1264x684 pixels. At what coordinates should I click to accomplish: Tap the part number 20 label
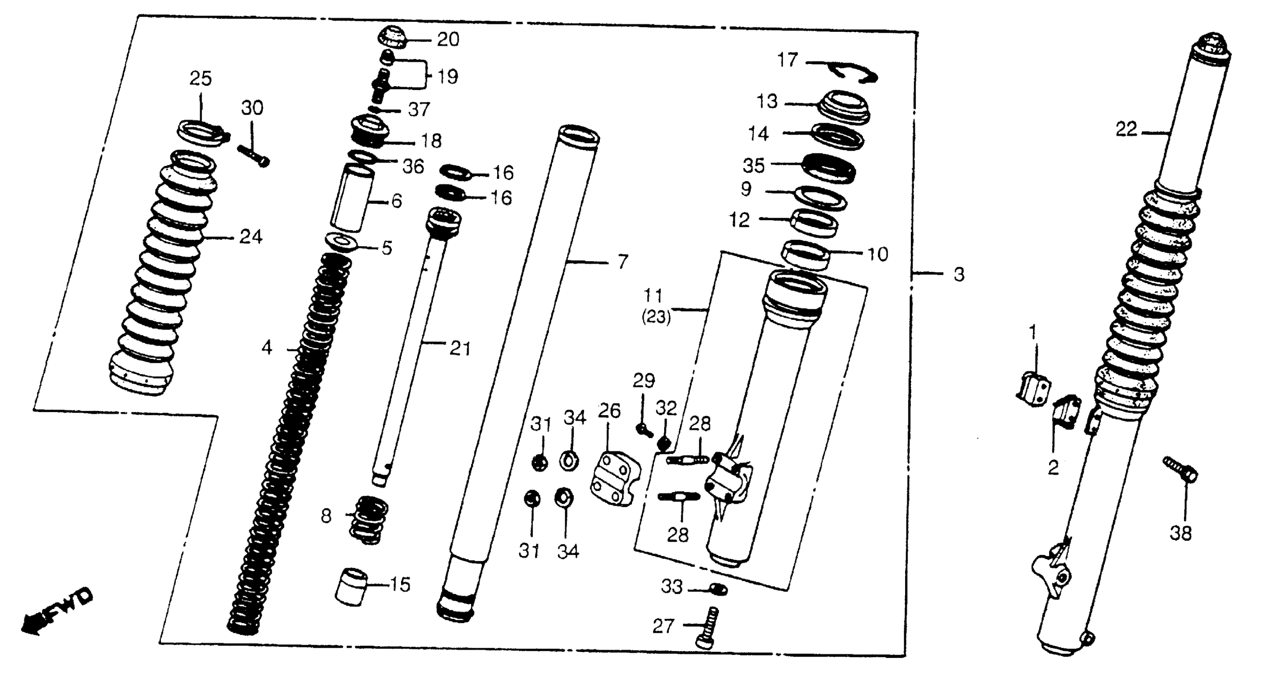point(448,39)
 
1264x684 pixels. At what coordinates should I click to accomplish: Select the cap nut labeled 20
point(393,36)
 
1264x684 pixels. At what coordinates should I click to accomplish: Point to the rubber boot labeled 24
point(162,275)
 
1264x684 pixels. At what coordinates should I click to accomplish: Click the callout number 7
point(623,262)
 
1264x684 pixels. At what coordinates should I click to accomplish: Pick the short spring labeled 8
point(368,519)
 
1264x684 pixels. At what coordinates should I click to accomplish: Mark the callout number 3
point(959,274)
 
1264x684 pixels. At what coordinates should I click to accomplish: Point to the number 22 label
point(1126,130)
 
